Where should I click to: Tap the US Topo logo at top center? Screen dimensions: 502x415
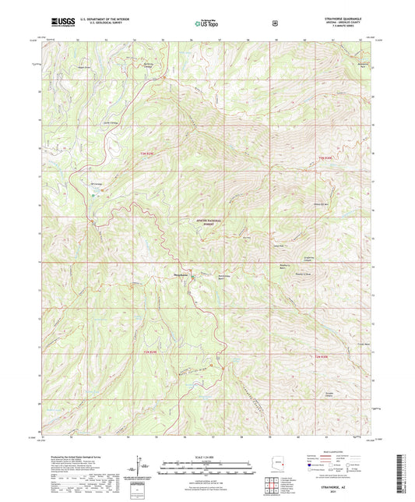(205, 23)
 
